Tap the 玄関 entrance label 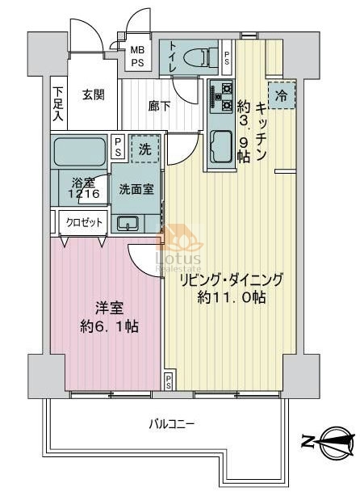(94, 95)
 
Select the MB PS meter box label (138, 56)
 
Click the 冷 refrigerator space (282, 95)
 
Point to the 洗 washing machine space (145, 149)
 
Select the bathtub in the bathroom (80, 151)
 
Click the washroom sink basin (128, 223)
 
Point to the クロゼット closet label (84, 222)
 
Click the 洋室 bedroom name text (109, 308)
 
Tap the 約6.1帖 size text (109, 326)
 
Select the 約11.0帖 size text (231, 297)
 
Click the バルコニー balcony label (172, 423)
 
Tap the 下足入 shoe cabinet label (58, 103)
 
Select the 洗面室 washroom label (136, 189)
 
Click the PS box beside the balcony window (169, 381)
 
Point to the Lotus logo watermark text (178, 259)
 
